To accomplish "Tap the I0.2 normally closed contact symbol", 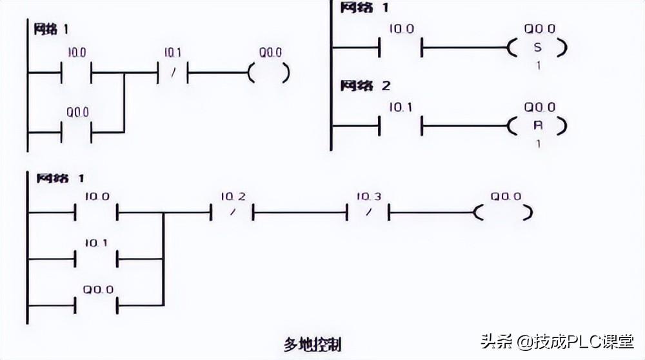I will coord(231,212).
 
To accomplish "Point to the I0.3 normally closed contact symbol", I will coord(368,212).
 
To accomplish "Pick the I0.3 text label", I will coord(368,195).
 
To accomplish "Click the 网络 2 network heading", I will coord(366,86).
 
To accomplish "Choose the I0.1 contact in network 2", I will coord(401,125).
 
